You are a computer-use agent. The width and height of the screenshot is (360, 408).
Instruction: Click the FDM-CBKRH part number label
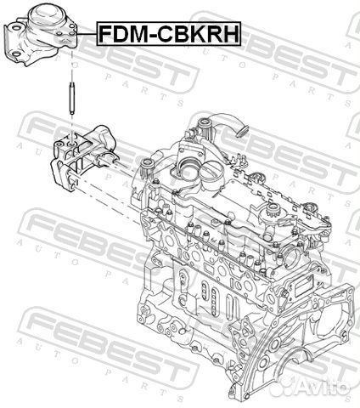coord(169,33)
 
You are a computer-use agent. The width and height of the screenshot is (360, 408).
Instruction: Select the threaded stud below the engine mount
coord(72,98)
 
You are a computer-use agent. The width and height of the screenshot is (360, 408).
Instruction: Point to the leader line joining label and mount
coord(87,34)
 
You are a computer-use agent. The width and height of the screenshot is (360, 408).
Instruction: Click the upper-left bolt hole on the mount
coord(17,28)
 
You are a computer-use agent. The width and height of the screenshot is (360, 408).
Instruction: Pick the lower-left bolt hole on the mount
coord(17,54)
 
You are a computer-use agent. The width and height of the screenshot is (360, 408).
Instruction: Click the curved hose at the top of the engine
coord(227,121)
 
